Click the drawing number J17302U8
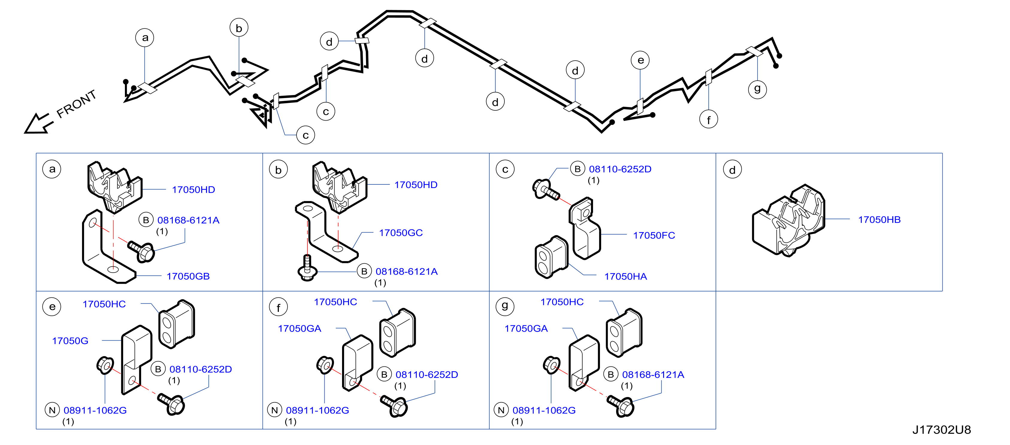coord(941,430)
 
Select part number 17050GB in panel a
coord(188,276)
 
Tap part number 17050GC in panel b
coord(401,233)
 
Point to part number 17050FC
coord(654,235)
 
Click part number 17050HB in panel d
coord(879,220)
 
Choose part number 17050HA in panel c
coord(625,277)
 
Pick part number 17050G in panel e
coord(70,341)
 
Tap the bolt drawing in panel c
coord(545,190)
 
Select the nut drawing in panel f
coord(325,365)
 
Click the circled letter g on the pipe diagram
coord(757,89)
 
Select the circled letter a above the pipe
coord(145,38)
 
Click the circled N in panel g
coord(501,410)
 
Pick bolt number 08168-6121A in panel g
coord(653,375)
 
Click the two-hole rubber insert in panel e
coord(176,324)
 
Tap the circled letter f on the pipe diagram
coord(708,119)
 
